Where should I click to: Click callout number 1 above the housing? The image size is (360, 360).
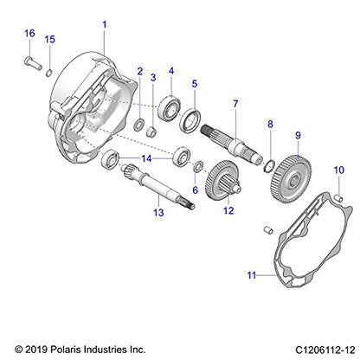[x=105, y=25]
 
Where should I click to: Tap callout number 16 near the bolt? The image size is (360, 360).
[x=29, y=33]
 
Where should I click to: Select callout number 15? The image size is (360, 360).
[x=49, y=40]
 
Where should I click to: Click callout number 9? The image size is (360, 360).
[x=298, y=135]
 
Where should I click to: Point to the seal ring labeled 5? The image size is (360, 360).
[x=192, y=119]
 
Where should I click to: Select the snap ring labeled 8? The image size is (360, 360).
[x=271, y=164]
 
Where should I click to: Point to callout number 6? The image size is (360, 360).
[x=195, y=190]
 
